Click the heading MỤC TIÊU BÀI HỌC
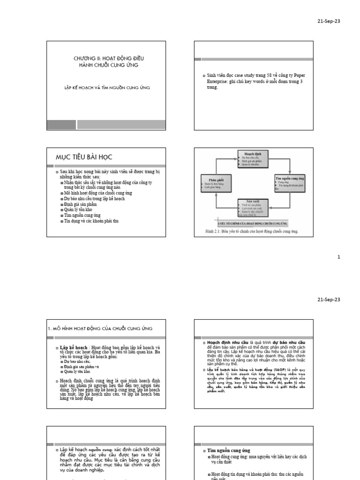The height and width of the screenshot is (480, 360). coord(84,156)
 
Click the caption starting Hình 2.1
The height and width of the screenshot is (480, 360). coord(252,232)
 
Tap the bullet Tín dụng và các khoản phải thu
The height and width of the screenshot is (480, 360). coord(92,220)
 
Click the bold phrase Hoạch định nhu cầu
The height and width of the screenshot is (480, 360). coord(225,343)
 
